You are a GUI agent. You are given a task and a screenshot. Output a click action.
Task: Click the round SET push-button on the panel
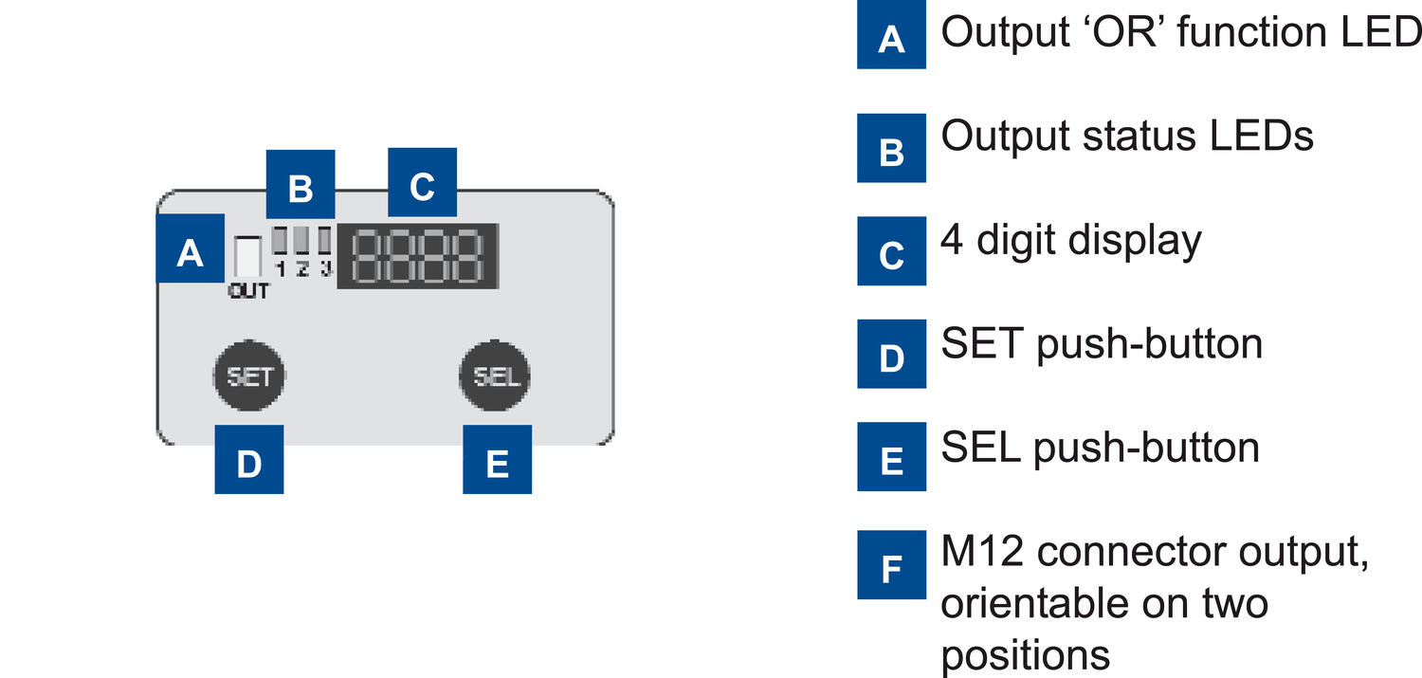[249, 376]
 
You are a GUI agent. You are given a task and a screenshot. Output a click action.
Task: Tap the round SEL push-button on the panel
[496, 376]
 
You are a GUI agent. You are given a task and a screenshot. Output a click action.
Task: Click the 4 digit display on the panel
[419, 256]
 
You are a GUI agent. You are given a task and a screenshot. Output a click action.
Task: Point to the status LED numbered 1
[280, 240]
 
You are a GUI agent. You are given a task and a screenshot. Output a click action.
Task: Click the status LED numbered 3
[325, 240]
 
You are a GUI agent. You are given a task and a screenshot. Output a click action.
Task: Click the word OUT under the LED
[248, 292]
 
